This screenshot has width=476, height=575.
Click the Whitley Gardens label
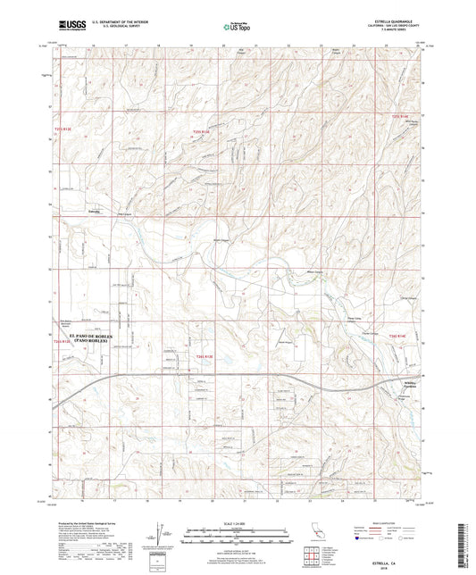406,385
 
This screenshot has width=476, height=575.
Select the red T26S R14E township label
397,335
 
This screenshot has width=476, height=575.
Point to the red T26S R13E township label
205,356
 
